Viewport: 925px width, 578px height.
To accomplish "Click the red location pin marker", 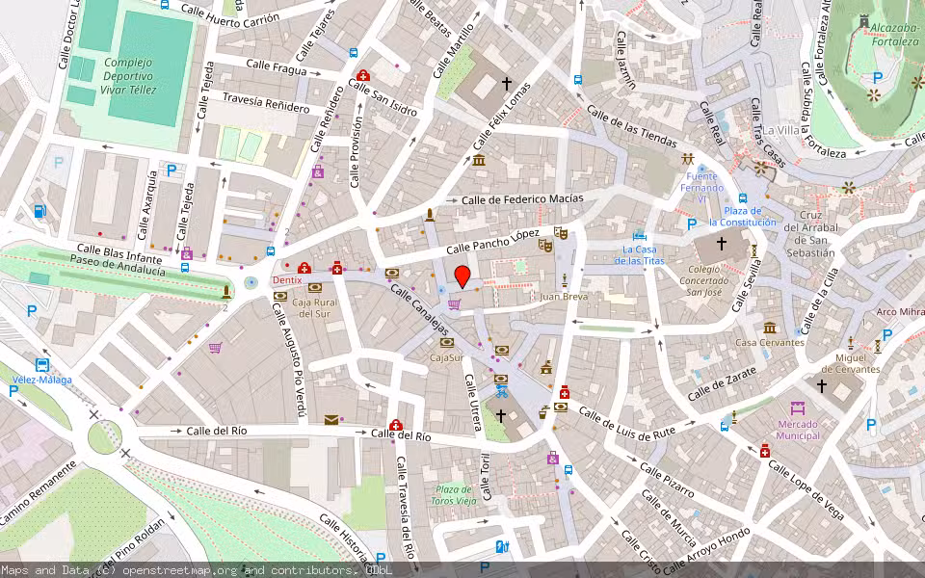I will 462,277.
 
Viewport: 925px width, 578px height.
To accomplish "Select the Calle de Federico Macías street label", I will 522,199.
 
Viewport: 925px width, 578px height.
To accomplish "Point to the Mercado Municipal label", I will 798,430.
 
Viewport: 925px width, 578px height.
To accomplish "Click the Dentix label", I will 286,280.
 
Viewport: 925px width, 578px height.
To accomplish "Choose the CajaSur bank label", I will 447,357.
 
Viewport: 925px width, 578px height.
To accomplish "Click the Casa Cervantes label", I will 770,342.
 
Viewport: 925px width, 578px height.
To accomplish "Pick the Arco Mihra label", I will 900,312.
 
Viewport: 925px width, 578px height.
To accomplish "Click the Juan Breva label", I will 564,298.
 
